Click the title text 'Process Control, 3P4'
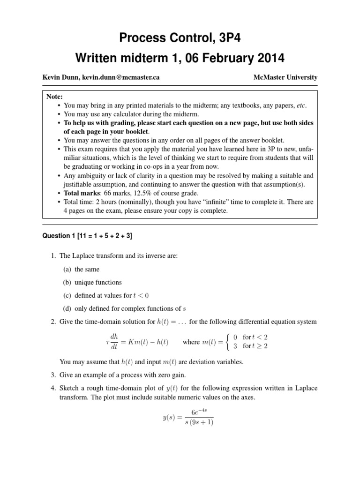coord(180,37)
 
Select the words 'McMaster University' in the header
coord(285,77)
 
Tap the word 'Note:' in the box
coord(55,97)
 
